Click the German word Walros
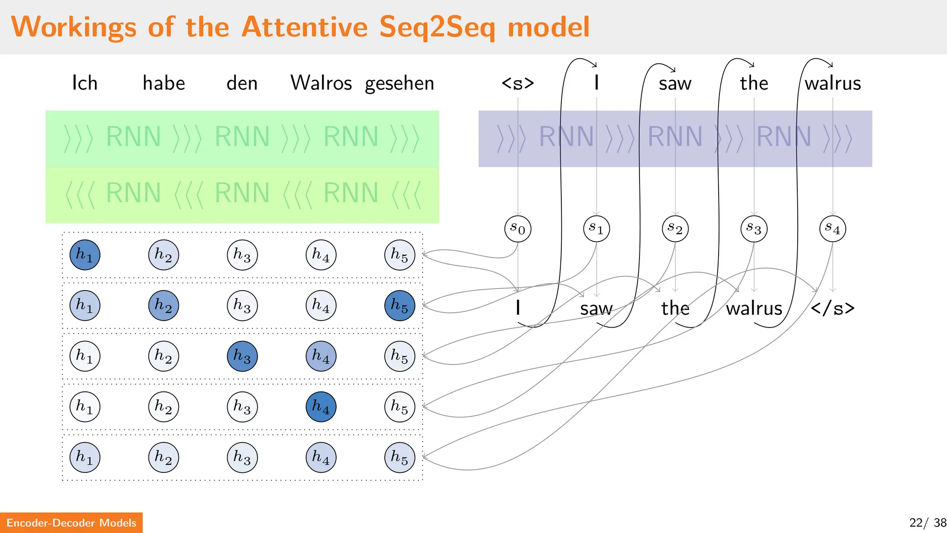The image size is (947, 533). coord(321,83)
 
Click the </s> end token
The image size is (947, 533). coord(832,308)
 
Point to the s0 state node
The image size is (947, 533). coord(517,229)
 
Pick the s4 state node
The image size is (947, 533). coord(832,229)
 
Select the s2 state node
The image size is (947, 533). coord(675,229)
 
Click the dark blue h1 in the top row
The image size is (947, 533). coord(85,255)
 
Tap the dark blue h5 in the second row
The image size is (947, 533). coord(400,305)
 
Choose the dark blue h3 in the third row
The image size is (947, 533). coord(242,356)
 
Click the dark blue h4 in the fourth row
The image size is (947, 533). coord(321,407)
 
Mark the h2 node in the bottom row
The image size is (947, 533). coord(163,458)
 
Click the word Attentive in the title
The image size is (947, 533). coord(304,27)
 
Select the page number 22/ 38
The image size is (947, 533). coord(927,523)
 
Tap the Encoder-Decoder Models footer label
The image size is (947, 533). coord(71,523)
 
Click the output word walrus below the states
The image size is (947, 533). coord(754,308)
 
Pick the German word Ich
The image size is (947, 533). coord(85,83)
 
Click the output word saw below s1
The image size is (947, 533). coord(596,309)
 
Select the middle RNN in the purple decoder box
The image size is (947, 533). coord(675,137)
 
